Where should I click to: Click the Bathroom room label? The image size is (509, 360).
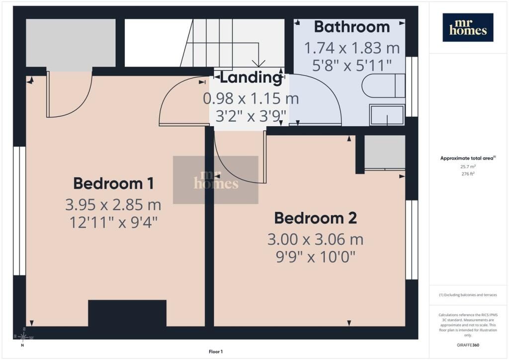coord(352,27)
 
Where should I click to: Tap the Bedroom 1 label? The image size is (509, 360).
coord(113,183)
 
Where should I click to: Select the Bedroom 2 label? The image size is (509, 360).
coord(316,218)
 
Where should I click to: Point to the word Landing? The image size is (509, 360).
coord(251,78)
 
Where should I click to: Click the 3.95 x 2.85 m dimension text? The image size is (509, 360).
coord(113,204)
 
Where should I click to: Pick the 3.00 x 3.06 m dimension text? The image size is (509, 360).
coord(316,239)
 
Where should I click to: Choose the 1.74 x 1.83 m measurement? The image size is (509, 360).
coord(352,48)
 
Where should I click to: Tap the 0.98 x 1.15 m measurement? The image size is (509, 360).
coord(251,98)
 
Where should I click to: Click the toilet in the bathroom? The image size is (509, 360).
coord(383,86)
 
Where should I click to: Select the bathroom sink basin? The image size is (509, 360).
coord(387,114)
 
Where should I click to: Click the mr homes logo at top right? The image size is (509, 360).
coord(468,27)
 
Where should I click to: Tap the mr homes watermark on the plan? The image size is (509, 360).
coord(216,180)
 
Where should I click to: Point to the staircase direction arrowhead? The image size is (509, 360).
coord(258,63)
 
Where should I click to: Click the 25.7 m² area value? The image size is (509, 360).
coord(468,167)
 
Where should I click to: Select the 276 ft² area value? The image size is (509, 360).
coord(468,174)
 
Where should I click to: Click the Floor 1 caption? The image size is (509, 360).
coord(216,352)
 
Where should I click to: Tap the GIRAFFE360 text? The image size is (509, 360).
coord(468,345)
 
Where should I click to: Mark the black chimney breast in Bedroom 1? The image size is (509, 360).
coord(127,313)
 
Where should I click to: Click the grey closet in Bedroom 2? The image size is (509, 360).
coord(385,152)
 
